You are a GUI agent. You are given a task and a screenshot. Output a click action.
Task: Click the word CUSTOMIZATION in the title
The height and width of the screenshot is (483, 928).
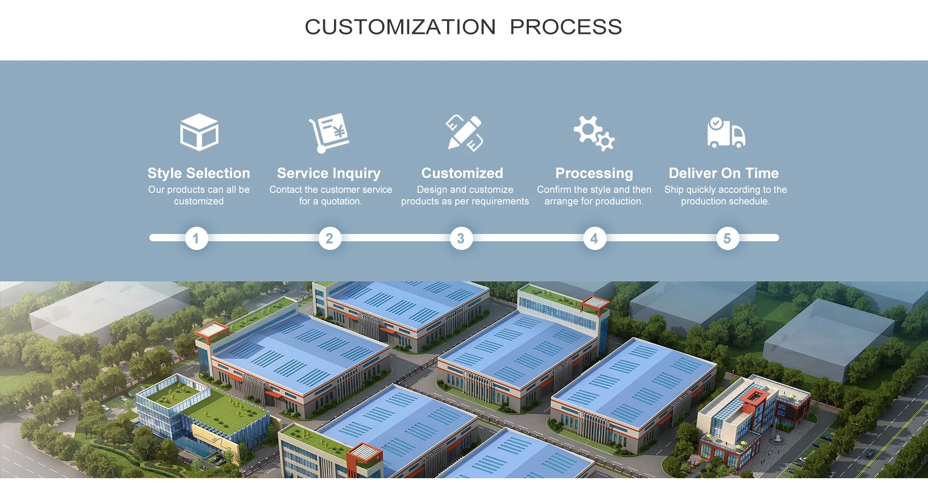tap(400, 27)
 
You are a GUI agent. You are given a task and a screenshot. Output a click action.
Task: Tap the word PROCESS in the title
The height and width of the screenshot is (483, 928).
tap(566, 27)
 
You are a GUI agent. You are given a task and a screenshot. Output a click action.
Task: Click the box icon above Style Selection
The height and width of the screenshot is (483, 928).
tap(199, 132)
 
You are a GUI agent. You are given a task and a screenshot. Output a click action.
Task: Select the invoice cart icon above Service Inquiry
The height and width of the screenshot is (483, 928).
tap(330, 132)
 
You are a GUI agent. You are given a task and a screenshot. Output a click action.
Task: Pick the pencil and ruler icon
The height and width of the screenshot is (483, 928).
tap(464, 133)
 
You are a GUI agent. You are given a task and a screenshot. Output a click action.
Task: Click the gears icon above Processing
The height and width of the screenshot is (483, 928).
tap(594, 133)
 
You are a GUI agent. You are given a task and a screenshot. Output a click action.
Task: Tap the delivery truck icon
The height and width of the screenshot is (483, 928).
tap(726, 132)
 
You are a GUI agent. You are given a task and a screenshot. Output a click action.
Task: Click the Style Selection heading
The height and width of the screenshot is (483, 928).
tap(199, 173)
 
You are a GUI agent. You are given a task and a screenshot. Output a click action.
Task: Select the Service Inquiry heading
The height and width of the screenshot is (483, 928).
tap(329, 173)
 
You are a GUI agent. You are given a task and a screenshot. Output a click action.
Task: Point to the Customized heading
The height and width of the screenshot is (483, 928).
tap(462, 173)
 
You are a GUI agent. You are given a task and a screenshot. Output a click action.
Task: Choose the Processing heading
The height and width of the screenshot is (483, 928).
tap(594, 173)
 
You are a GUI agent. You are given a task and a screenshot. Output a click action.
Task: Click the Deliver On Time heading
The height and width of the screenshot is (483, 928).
tap(724, 173)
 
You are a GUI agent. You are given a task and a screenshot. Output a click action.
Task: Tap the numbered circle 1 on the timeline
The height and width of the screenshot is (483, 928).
tap(196, 238)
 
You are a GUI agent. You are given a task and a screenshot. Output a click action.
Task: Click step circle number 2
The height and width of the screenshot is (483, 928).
tap(330, 238)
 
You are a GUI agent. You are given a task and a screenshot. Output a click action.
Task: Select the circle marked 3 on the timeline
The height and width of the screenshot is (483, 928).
tap(461, 238)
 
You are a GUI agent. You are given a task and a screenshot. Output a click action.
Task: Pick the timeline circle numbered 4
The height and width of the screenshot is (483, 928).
tap(594, 238)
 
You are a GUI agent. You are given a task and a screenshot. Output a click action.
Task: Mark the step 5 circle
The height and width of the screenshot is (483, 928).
tap(727, 238)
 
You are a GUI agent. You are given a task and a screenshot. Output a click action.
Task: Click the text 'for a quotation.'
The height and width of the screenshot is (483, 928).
tap(330, 201)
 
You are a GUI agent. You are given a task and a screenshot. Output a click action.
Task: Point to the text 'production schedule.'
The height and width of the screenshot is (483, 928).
tap(725, 201)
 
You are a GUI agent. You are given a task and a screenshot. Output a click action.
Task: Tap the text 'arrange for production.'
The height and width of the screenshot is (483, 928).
tap(594, 201)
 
